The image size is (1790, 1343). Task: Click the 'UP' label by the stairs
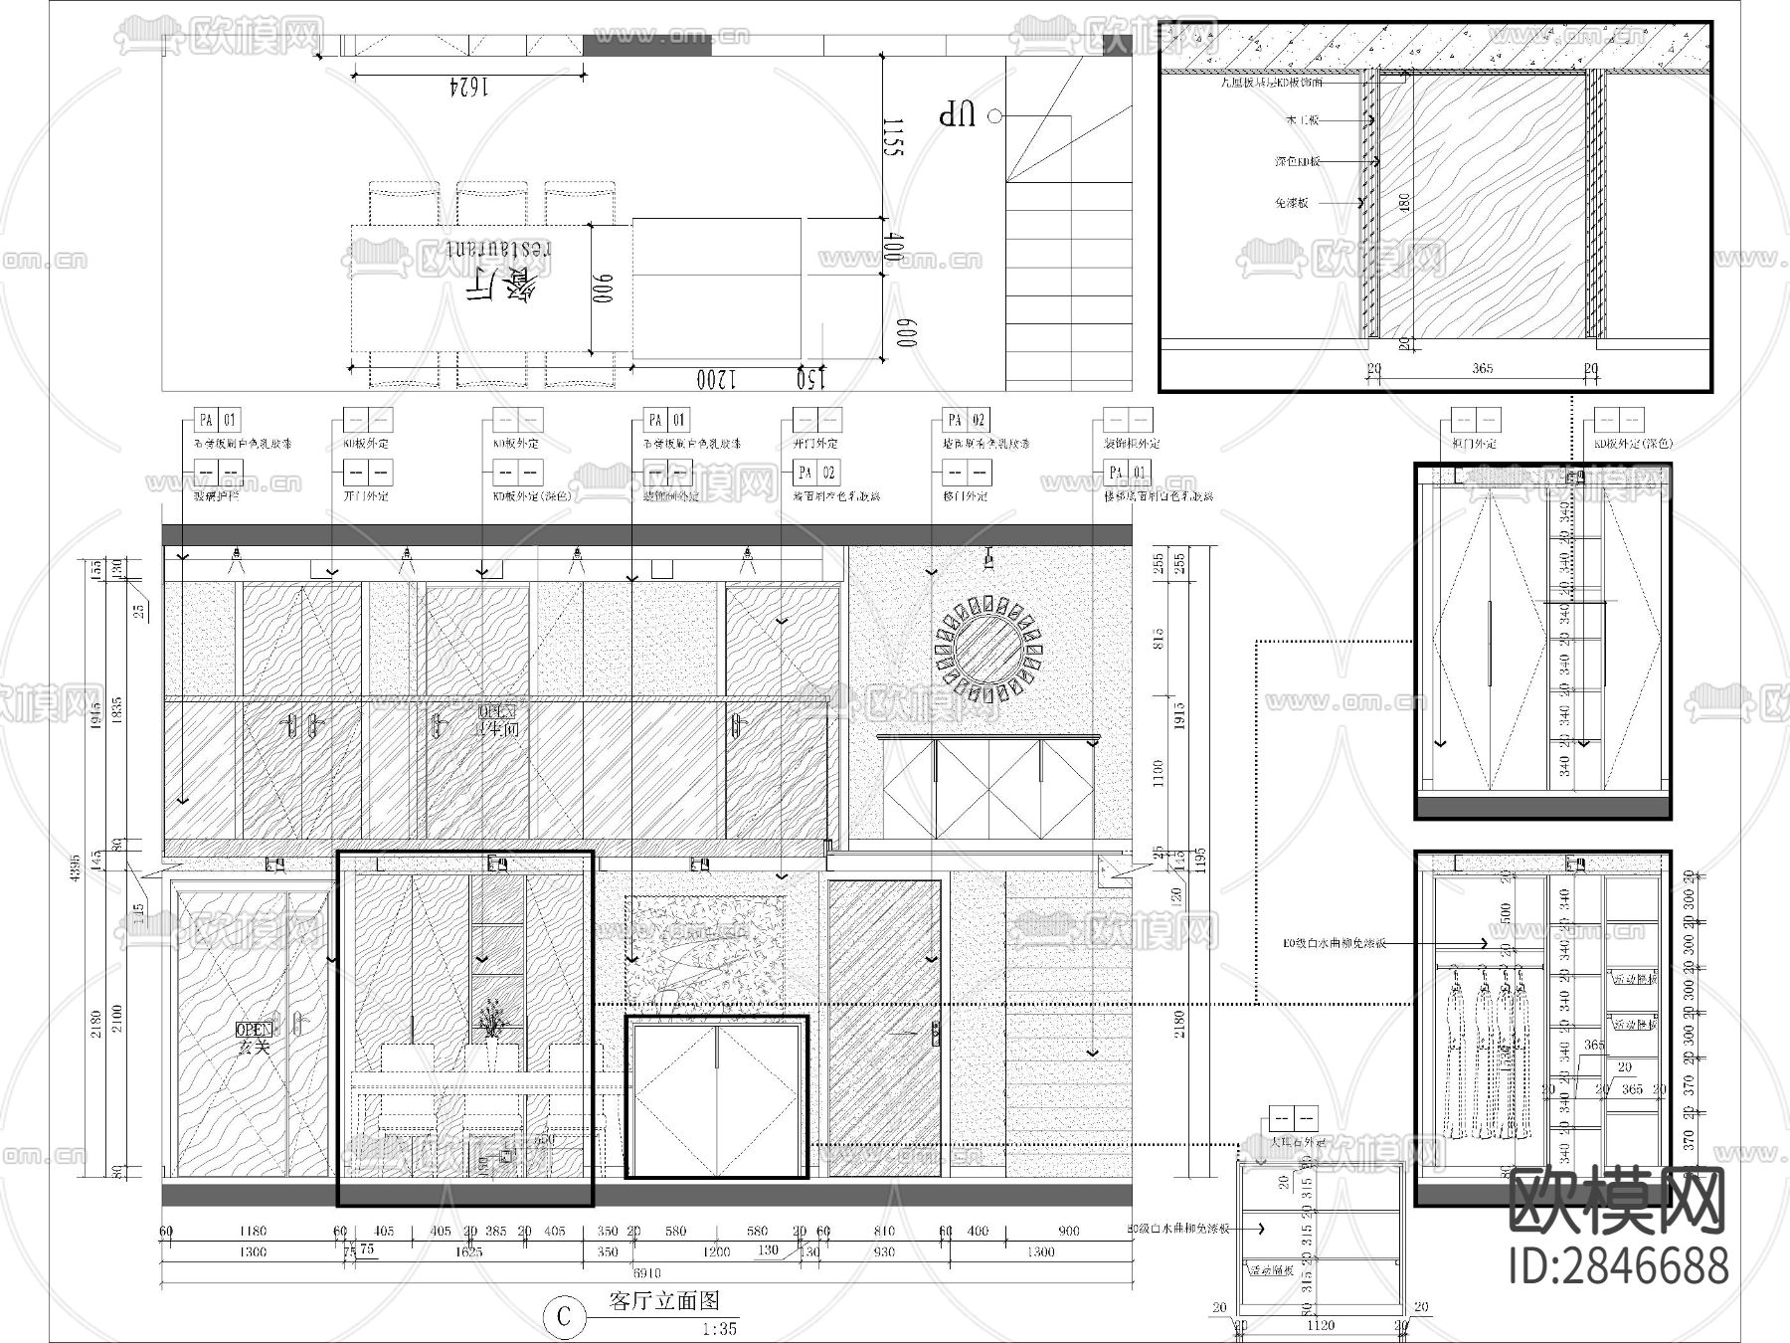point(959,116)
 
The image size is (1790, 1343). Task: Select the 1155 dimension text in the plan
point(892,136)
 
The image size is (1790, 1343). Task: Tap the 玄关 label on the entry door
point(254,1047)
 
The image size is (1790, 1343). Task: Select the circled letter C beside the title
point(565,1316)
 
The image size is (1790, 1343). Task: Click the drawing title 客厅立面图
point(663,1301)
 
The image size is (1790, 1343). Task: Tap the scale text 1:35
point(719,1329)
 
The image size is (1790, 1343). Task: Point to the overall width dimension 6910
point(646,1272)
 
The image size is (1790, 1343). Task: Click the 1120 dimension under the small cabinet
point(1321,1325)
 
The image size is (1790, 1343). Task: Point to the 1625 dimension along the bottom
point(468,1251)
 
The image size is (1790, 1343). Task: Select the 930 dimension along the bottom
point(883,1251)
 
